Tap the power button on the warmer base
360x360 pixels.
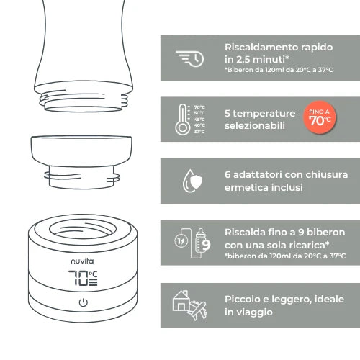[84, 302]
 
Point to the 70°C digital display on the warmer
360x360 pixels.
[84, 278]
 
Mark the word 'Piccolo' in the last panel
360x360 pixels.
[245, 299]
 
